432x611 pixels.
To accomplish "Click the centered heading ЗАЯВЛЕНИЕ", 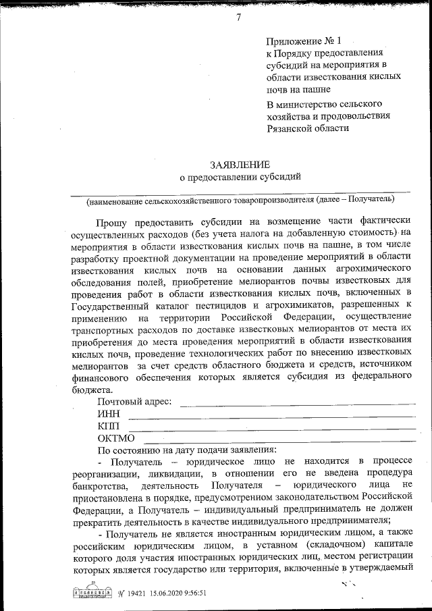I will [239, 164].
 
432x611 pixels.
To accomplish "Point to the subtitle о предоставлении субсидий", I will [239, 178].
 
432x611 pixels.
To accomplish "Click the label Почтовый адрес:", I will [134, 402].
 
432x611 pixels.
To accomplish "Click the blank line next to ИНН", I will [270, 417].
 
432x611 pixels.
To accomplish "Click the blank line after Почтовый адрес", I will [297, 404].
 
